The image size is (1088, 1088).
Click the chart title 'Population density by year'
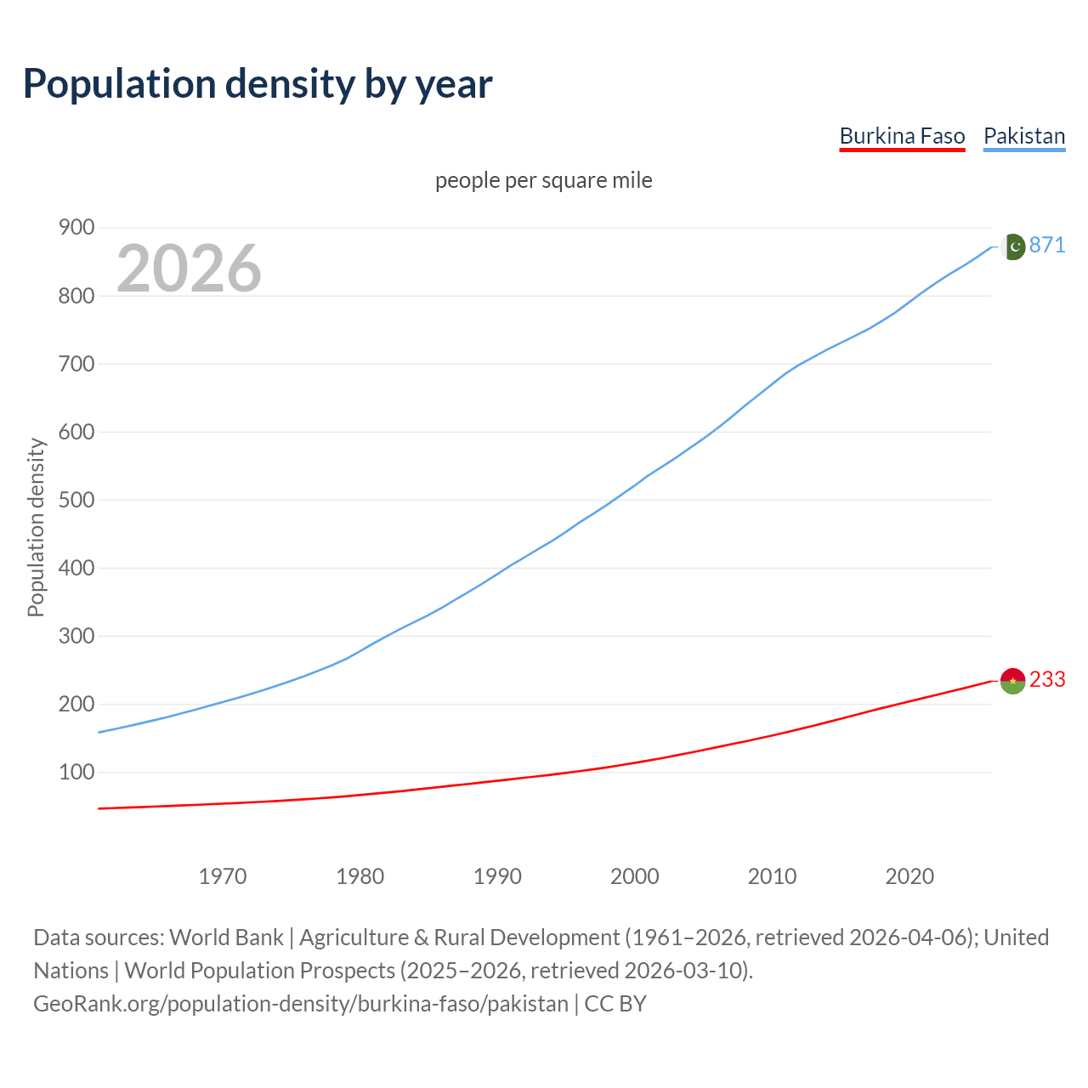tap(258, 84)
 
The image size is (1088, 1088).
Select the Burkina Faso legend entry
tap(902, 136)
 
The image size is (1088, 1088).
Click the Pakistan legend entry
tap(1023, 136)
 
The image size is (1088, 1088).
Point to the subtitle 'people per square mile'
tap(543, 180)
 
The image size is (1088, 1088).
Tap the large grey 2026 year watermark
tap(189, 269)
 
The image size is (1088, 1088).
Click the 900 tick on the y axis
tap(76, 227)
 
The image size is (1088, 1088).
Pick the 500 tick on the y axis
tap(76, 500)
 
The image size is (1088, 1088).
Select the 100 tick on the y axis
tap(76, 772)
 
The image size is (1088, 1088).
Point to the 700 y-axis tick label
tap(76, 364)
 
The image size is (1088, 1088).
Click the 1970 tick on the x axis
tap(223, 875)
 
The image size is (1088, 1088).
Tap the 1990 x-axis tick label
tap(497, 875)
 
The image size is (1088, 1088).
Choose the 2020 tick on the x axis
tap(909, 875)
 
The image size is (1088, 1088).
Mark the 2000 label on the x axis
tap(635, 875)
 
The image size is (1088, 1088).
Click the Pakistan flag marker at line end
tap(1012, 246)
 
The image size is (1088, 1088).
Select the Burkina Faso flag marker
tap(1012, 680)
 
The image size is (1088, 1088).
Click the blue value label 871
tap(1047, 246)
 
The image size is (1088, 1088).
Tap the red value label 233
tap(1047, 680)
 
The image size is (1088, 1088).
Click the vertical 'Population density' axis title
tap(36, 527)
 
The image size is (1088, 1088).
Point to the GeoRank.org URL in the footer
tap(301, 1004)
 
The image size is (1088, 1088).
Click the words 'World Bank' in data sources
tap(226, 938)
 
